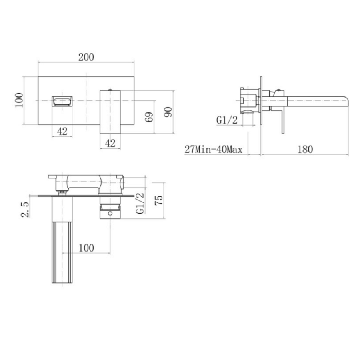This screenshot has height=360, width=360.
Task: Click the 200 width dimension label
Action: click(86, 57)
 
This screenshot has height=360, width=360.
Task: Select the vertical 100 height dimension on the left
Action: click(18, 100)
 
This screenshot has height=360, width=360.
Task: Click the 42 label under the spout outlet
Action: click(62, 131)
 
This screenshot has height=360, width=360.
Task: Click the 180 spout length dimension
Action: click(305, 149)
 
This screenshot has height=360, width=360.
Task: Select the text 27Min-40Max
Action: click(214, 150)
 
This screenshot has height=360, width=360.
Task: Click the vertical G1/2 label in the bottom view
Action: click(140, 203)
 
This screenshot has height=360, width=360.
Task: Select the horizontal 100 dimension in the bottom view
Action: click(86, 248)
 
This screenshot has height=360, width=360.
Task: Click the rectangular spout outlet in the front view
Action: click(62, 100)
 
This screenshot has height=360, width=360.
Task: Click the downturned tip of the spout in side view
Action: click(346, 100)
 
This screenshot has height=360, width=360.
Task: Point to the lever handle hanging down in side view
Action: click(282, 120)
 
